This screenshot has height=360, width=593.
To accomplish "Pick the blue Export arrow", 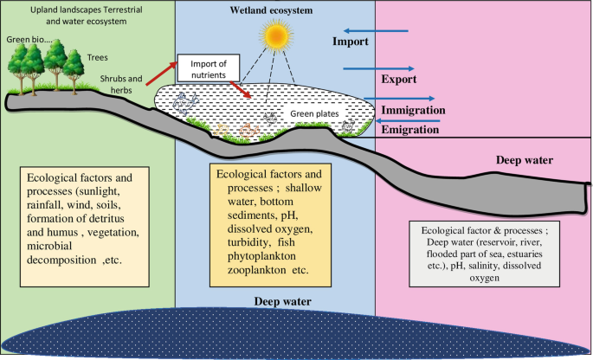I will tap(379, 68).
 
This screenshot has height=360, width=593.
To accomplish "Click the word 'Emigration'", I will tap(411, 127).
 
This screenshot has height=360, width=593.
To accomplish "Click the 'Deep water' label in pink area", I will tap(525, 161).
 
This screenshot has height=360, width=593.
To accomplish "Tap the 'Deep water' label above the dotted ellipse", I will tap(283, 301).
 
